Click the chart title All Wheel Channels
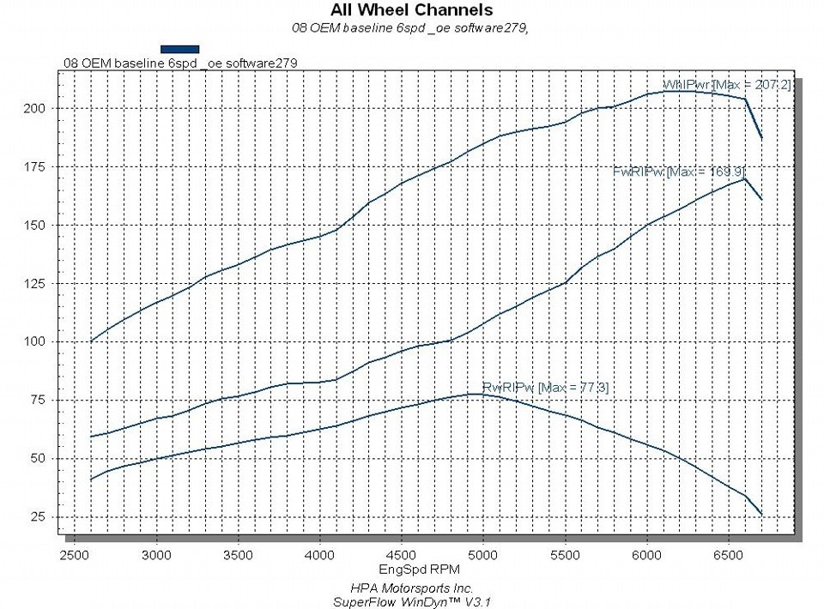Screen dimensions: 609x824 (x=412, y=10)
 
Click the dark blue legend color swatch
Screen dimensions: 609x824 (x=180, y=49)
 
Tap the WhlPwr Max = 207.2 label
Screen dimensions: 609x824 (x=726, y=85)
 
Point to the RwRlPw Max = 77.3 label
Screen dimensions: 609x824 (x=545, y=388)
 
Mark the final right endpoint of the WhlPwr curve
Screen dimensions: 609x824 (x=761, y=138)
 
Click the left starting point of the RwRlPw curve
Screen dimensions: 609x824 (x=91, y=479)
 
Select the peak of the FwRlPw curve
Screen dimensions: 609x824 (x=744, y=178)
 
